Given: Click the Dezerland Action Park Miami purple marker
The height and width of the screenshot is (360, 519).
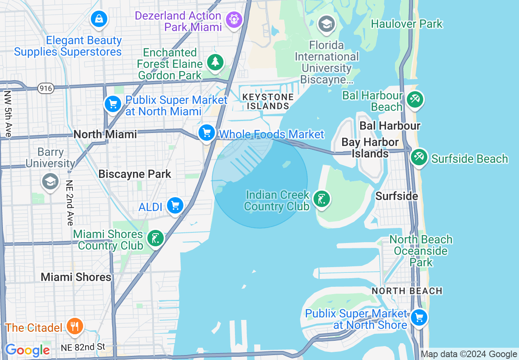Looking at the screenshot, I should click(233, 19).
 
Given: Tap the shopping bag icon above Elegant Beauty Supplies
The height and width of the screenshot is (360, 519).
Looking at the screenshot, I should click(99, 18).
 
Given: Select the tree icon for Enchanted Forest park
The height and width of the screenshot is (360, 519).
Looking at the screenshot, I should click(215, 62).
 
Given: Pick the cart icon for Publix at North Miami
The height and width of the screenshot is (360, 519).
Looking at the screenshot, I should click(113, 104).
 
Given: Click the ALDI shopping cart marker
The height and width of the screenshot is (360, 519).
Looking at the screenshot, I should click(175, 205).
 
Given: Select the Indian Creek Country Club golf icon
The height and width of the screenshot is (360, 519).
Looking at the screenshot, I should click(321, 199).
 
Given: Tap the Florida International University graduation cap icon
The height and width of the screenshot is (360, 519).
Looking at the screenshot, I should click(327, 24).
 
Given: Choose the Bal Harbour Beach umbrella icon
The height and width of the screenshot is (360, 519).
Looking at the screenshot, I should click(415, 99).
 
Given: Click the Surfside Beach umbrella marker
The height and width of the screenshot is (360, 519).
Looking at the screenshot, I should click(419, 157).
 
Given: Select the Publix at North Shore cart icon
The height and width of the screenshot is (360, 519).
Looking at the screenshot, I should click(419, 317).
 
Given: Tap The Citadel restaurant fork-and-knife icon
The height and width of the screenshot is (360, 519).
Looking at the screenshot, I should click(75, 326).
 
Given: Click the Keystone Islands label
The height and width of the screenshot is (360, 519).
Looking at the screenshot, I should click(268, 101).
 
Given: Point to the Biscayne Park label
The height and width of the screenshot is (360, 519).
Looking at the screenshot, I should click(135, 174).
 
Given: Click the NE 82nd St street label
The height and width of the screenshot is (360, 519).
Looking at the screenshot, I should click(83, 347).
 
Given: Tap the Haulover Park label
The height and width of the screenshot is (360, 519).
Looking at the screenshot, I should click(406, 24).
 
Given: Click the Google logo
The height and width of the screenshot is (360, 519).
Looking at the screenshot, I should click(27, 350).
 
